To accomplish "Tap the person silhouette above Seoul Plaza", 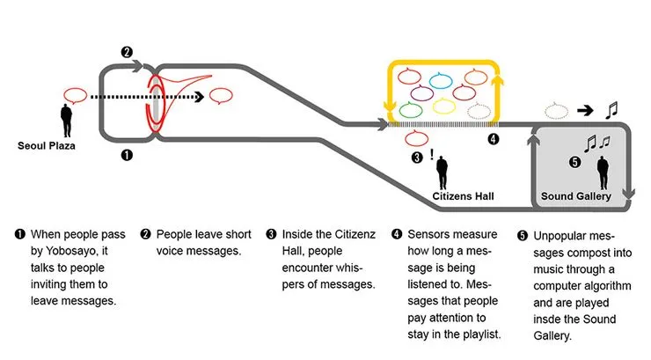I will (66, 120).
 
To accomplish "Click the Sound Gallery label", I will (576, 195).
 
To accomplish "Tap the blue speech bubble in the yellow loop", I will (441, 81).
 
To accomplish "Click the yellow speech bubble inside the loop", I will (444, 107).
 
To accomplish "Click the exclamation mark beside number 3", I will (433, 156).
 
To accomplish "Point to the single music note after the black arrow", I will (612, 110).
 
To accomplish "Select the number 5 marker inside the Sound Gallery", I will (575, 162).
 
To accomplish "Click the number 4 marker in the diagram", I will (493, 139).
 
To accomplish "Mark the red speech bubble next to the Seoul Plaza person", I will (77, 93).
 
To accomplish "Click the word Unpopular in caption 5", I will (565, 235).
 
